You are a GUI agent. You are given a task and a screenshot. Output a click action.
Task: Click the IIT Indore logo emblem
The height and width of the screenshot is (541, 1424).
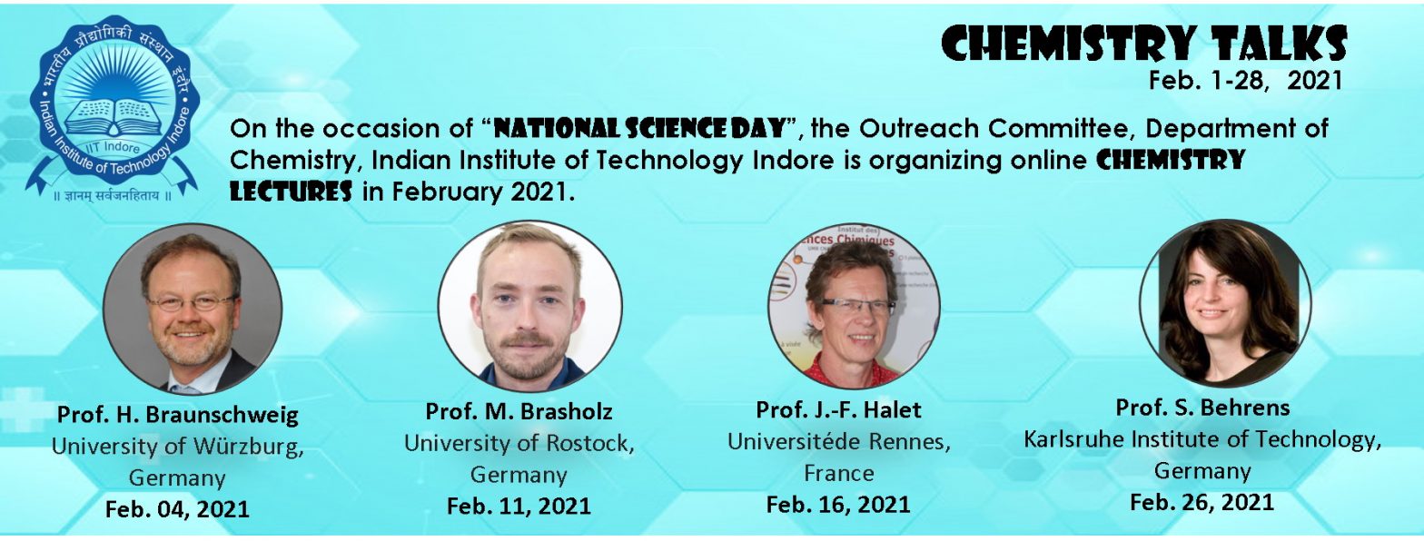pos(113,108)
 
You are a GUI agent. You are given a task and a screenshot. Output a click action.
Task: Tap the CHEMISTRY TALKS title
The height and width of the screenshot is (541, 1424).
pos(1143,44)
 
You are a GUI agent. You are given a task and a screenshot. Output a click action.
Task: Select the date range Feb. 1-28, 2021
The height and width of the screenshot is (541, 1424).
pos(1245,81)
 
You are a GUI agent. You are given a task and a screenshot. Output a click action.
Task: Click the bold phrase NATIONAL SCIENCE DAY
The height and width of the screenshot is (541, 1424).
pos(639,128)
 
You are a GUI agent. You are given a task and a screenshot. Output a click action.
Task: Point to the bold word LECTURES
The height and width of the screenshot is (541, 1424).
pos(291,192)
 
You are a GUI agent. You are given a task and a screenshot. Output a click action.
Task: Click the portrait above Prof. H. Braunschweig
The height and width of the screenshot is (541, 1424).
pos(193,309)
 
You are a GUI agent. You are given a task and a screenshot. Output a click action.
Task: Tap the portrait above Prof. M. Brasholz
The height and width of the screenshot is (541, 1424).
pos(529,306)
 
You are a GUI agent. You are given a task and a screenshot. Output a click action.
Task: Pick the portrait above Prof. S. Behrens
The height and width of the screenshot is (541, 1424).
pos(1225,302)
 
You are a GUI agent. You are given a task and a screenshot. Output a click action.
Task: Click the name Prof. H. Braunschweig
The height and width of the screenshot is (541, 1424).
pos(177,415)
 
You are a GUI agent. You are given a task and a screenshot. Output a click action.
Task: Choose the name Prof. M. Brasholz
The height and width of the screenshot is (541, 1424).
pos(519,411)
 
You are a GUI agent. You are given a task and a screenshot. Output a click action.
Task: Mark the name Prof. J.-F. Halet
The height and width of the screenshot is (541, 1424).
pos(838,410)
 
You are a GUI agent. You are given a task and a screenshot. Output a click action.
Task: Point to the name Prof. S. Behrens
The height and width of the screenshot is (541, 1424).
pos(1202,408)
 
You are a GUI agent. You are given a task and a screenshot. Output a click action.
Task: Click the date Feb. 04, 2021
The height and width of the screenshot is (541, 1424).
pos(177,509)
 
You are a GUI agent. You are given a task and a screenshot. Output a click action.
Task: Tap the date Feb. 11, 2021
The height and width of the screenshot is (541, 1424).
pos(519,506)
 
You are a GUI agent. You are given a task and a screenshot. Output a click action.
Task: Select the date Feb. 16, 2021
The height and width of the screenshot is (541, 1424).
pos(838,505)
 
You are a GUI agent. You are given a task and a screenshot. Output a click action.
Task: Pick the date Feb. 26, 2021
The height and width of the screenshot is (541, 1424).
pos(1202,502)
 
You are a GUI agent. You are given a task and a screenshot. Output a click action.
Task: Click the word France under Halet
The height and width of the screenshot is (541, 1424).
pos(838,474)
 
